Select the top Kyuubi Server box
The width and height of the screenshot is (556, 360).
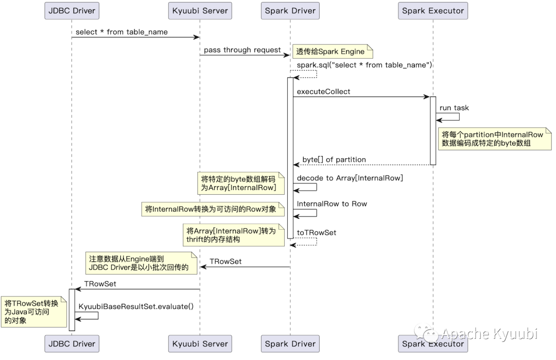(x=200, y=11)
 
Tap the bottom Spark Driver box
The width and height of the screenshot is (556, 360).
(x=290, y=344)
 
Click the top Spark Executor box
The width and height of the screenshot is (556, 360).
(x=433, y=11)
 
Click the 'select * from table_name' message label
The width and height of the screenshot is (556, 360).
(x=121, y=32)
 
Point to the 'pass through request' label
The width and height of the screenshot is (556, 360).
(x=242, y=50)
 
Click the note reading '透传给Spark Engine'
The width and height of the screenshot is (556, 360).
(x=332, y=52)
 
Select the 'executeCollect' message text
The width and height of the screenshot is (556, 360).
(x=323, y=92)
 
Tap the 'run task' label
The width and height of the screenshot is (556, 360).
(x=454, y=108)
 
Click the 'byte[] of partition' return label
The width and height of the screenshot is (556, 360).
(x=334, y=160)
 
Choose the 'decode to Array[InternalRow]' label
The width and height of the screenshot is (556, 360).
(x=350, y=178)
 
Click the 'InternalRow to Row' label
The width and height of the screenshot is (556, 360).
(x=332, y=204)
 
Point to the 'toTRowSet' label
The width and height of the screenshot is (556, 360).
(x=316, y=233)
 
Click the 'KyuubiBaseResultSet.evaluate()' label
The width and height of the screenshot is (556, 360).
(x=136, y=306)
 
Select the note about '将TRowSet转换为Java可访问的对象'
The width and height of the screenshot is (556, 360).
(x=33, y=312)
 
